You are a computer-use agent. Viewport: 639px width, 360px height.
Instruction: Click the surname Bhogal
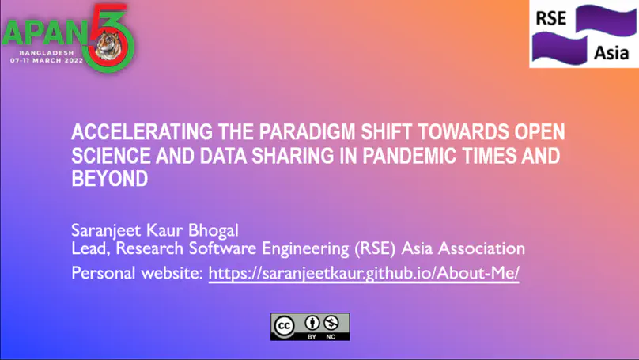pyautogui.click(x=211, y=230)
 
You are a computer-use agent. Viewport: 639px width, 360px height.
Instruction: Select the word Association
pyautogui.click(x=482, y=249)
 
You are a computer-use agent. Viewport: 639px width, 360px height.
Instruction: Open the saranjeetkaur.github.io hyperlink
pyautogui.click(x=364, y=274)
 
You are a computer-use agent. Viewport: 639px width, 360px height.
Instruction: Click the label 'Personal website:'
pyautogui.click(x=138, y=274)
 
